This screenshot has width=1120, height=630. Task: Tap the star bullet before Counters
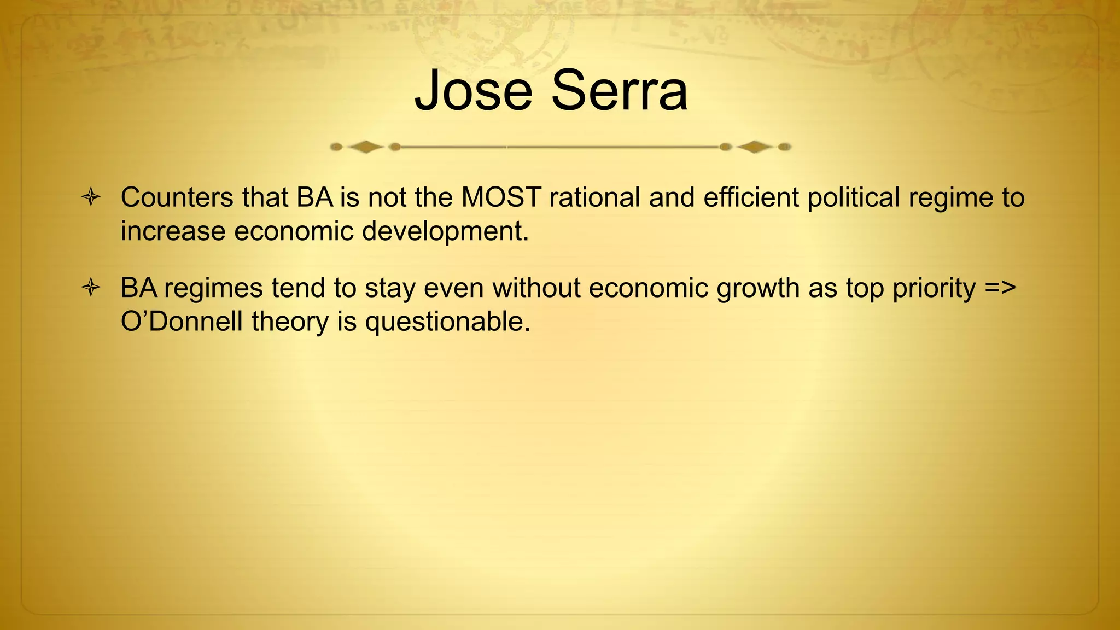click(91, 197)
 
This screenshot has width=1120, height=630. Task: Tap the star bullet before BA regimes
click(91, 288)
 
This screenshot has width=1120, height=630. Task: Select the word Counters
click(177, 197)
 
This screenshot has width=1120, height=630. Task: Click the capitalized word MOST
click(501, 197)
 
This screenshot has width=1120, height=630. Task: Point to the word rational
click(594, 197)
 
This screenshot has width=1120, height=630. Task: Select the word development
click(445, 232)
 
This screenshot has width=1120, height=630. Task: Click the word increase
click(173, 232)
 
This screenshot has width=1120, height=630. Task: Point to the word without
click(536, 288)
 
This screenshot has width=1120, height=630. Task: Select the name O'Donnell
click(182, 322)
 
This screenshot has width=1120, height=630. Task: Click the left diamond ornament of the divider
click(365, 147)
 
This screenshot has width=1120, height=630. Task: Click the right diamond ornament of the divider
click(755, 147)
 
